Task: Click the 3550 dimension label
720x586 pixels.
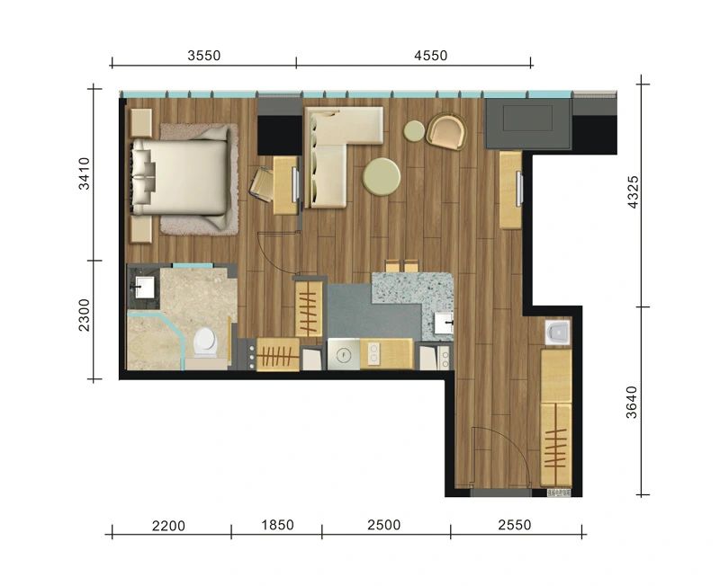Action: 204,56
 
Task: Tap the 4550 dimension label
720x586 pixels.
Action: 431,56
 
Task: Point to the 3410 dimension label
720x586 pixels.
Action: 85,173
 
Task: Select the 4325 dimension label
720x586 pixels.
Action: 633,192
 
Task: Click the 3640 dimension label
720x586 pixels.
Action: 632,402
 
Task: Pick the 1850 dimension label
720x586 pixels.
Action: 277,525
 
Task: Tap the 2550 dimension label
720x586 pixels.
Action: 515,525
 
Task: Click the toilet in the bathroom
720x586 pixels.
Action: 205,342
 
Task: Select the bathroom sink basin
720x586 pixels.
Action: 144,288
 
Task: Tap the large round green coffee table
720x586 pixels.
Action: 381,176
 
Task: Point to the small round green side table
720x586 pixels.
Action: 414,130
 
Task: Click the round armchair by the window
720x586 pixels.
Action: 446,131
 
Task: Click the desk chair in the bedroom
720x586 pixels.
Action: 262,184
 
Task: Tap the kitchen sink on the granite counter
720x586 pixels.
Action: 444,324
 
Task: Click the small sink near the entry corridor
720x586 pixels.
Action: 557,332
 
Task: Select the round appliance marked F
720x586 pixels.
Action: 344,354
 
